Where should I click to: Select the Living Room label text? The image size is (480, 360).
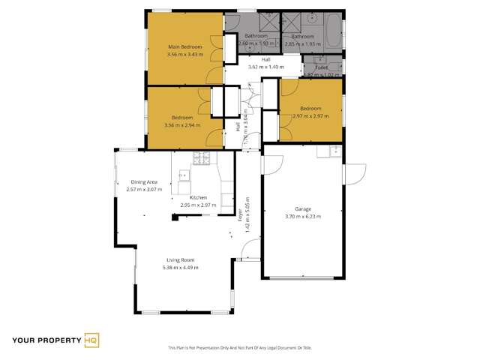coord(181,259)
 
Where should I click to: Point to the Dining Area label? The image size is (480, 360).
coord(144,182)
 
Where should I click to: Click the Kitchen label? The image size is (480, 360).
coord(199,197)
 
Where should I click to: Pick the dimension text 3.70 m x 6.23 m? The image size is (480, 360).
coord(302,216)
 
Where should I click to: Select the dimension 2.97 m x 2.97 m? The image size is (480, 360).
coord(312,116)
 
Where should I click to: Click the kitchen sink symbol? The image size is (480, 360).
coord(183,177)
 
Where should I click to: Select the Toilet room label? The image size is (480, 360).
coord(321,67)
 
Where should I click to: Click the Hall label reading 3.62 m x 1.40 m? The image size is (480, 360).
coord(265,63)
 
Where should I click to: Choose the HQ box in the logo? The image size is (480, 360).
coord(91,340)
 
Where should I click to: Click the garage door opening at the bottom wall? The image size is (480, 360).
coord(302,277)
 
